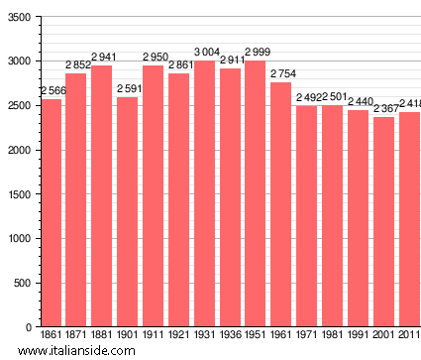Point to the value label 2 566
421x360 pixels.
[x=53, y=91]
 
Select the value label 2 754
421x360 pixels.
[x=281, y=74]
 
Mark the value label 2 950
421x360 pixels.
[x=154, y=57]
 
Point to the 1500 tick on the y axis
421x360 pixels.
[x=19, y=194]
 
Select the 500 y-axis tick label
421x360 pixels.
[x=22, y=283]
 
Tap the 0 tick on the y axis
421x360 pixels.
[x=29, y=327]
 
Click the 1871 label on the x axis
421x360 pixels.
[x=76, y=336]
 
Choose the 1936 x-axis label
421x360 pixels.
[x=230, y=336]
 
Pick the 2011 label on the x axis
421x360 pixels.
[x=408, y=336]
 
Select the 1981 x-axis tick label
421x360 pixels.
[x=333, y=336]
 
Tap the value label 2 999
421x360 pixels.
[x=256, y=53]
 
